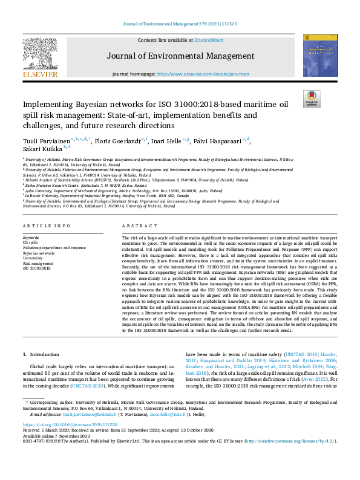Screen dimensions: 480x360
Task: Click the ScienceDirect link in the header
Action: pos(209,40)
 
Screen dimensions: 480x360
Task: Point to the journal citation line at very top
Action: pos(180,24)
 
